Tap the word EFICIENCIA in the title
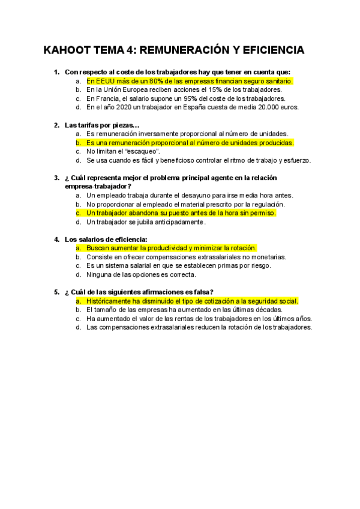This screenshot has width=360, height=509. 271,50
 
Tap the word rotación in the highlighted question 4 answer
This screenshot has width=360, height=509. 241,248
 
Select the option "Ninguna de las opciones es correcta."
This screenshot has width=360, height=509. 141,275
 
